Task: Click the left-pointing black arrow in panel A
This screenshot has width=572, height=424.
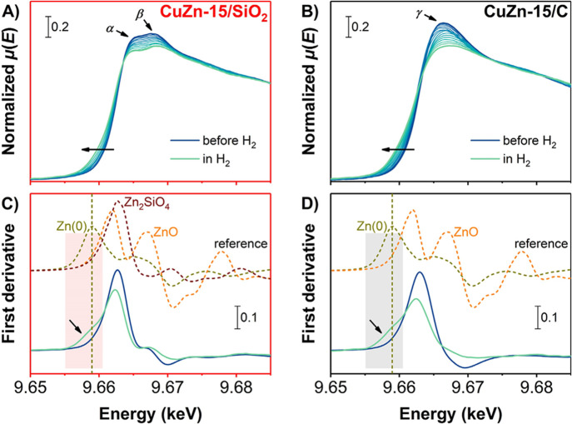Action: [x=97, y=149]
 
